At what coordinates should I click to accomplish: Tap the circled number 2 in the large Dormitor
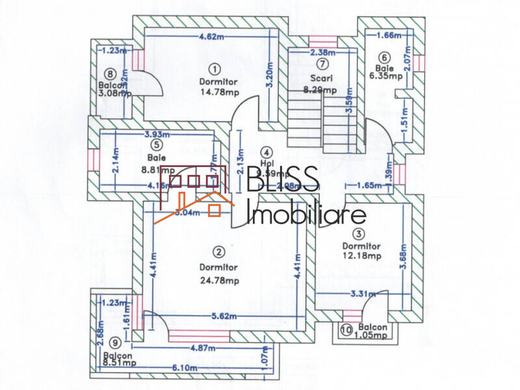219,251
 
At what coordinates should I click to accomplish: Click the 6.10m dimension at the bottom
185,367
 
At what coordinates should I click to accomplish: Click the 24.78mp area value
219,281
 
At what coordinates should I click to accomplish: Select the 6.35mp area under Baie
383,75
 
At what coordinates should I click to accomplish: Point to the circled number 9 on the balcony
115,343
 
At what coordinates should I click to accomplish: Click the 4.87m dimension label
203,348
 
